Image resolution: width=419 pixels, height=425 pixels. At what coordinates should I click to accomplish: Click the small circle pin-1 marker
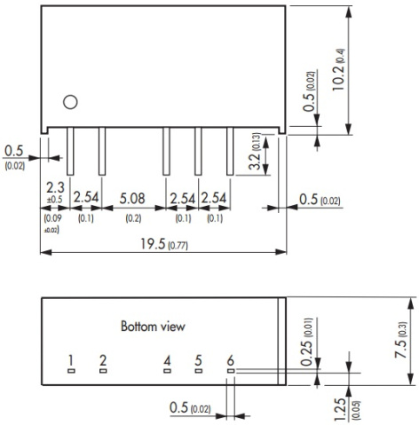[x=70, y=102]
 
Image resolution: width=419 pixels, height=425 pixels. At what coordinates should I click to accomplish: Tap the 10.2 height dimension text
[x=338, y=77]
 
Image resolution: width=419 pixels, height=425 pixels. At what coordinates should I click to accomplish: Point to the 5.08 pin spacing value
[x=132, y=198]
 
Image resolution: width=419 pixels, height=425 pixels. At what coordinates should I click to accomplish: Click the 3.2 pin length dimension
[x=255, y=161]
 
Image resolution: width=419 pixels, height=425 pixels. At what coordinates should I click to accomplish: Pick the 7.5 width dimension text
[x=400, y=349]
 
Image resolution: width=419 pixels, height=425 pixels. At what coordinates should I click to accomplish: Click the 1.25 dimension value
[x=340, y=409]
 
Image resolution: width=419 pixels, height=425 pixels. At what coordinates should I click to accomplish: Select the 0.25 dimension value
[x=306, y=353]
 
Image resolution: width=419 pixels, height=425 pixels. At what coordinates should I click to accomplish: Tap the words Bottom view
[x=153, y=327]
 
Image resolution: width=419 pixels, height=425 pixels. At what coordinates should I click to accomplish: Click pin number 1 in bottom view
[x=70, y=361]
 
